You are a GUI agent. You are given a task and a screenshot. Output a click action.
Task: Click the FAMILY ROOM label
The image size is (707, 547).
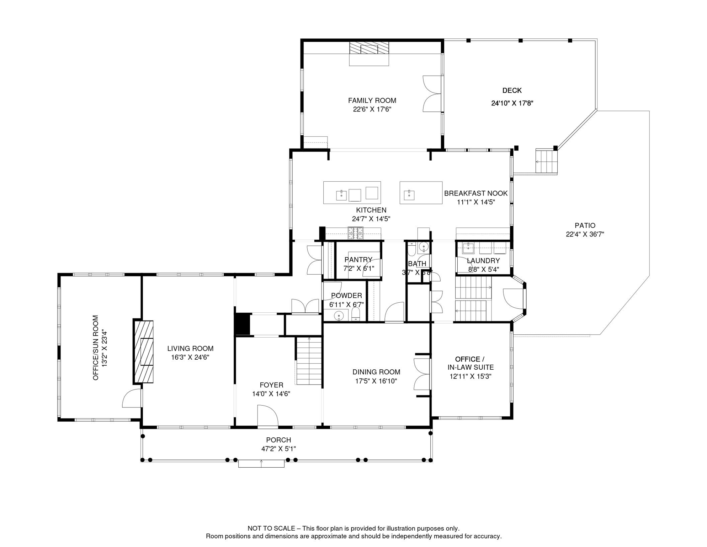[x=372, y=101]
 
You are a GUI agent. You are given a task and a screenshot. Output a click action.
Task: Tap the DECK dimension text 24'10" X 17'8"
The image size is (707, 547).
[x=512, y=103]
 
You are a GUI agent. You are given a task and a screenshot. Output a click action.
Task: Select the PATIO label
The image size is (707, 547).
[x=585, y=225]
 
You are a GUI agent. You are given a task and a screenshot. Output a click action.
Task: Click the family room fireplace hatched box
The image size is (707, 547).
[x=369, y=48]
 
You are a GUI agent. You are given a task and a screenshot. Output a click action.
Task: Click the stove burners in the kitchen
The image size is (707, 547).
[x=355, y=233]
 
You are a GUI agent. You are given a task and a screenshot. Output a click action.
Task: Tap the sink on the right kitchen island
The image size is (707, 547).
[x=409, y=195]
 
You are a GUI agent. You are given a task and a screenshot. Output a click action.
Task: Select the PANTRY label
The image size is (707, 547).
[x=358, y=260]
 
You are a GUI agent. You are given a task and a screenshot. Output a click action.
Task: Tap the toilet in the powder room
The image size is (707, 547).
[x=356, y=314]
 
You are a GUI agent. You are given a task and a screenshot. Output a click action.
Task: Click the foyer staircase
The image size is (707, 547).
[x=309, y=361]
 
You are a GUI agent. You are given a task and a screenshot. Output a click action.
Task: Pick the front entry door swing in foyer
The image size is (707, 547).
[x=267, y=416]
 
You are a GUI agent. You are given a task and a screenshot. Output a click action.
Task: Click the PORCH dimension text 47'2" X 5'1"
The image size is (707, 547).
[x=278, y=449]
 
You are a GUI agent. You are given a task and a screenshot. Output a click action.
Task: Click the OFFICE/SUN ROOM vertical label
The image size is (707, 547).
[x=95, y=348]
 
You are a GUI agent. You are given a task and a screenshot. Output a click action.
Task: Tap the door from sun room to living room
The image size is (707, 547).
[x=132, y=398]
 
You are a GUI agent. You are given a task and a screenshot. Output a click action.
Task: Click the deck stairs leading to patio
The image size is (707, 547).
[x=546, y=162]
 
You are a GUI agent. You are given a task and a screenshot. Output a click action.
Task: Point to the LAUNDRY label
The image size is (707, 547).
[x=483, y=261]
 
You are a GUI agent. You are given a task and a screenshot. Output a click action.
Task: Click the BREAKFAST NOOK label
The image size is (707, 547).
[x=475, y=193]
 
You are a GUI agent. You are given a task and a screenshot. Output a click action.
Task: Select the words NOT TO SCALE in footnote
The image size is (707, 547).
[x=271, y=528]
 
